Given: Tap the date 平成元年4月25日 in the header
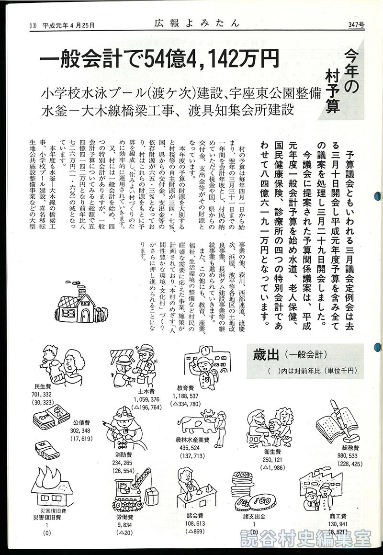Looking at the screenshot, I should point(68,25).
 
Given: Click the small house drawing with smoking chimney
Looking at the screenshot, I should point(79,301).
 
